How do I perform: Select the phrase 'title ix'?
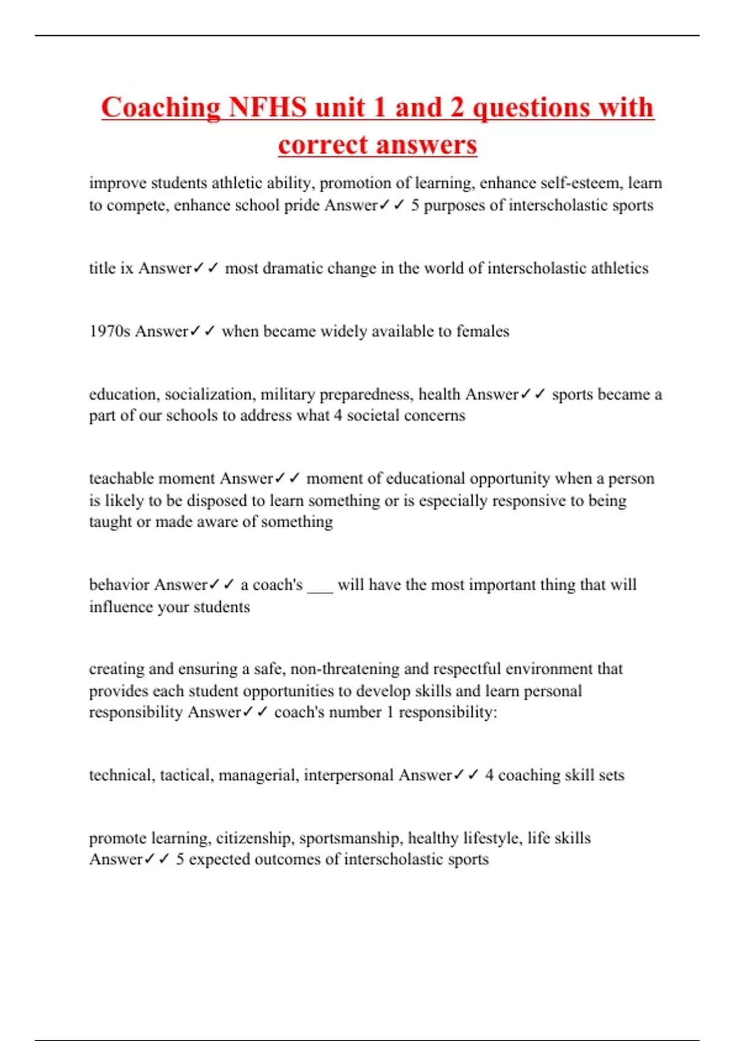(111, 268)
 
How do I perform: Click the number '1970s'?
(110, 331)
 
